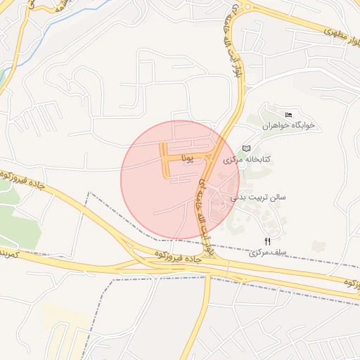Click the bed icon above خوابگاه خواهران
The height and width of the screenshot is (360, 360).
point(288,115)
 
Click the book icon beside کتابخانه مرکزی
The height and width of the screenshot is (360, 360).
point(245,148)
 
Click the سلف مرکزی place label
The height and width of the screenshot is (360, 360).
point(267,250)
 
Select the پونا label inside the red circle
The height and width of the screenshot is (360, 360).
point(187,157)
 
